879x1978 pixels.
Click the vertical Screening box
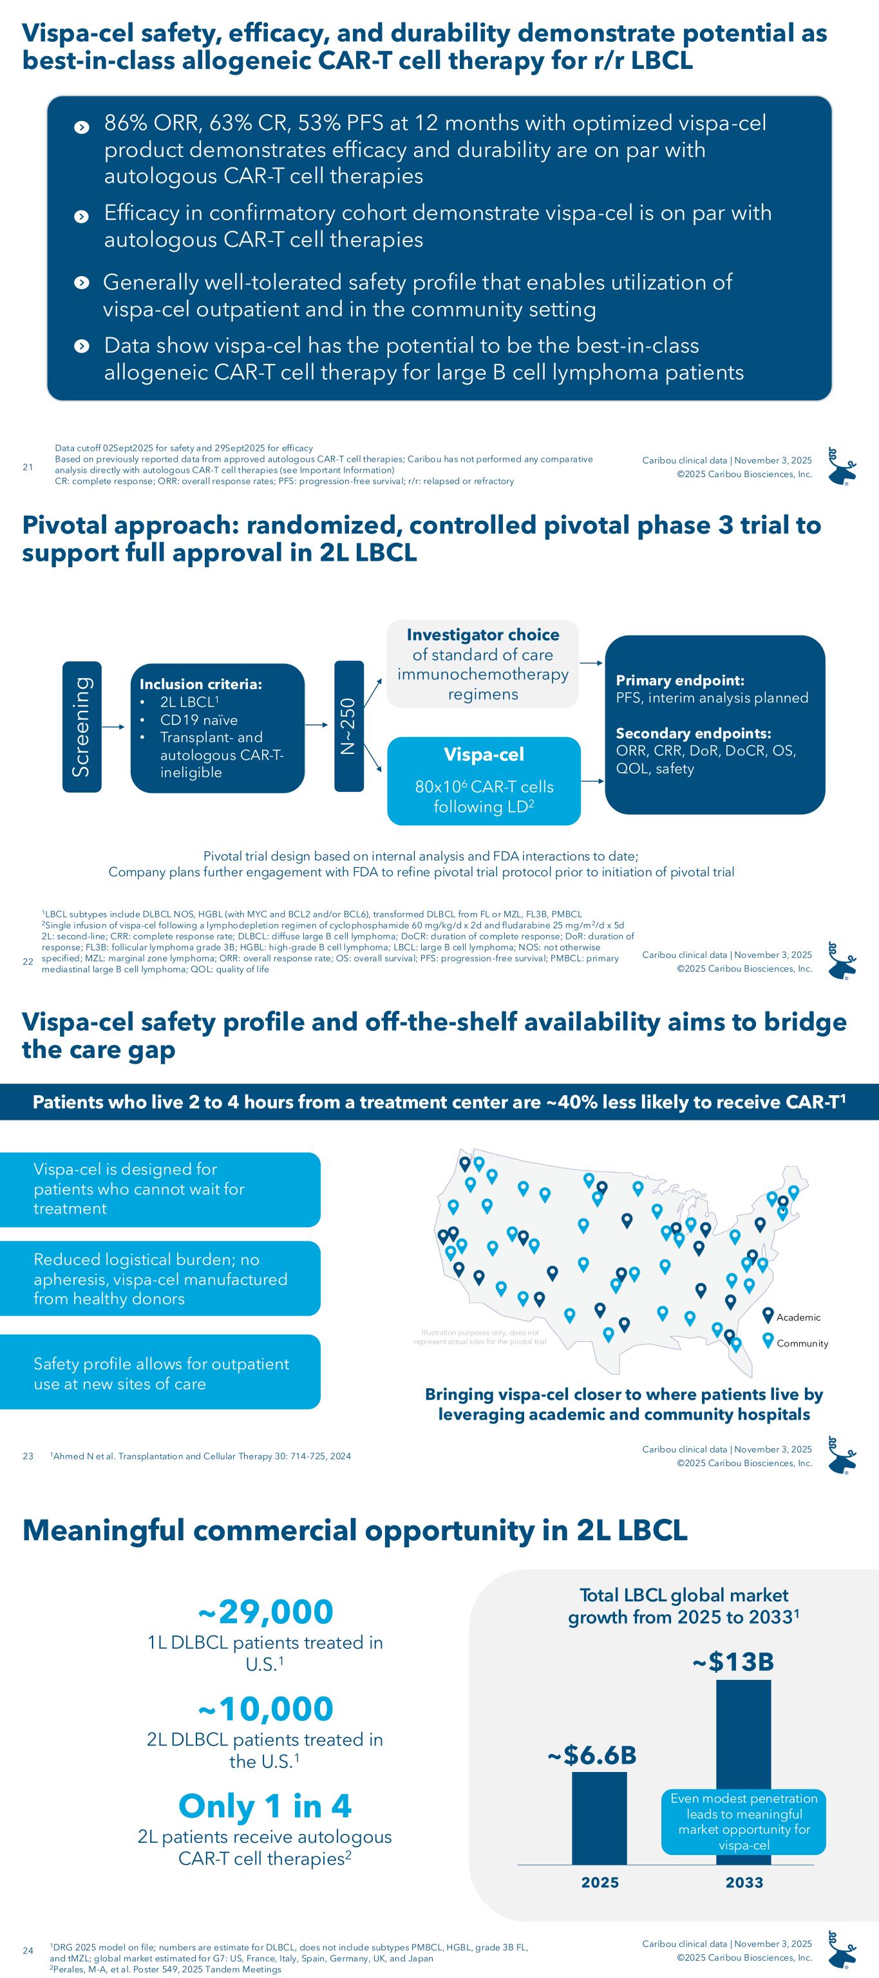click(x=81, y=726)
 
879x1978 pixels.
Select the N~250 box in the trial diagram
click(x=348, y=726)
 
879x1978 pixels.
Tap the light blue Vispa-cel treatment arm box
click(x=484, y=780)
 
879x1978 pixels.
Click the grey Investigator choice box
click(x=482, y=663)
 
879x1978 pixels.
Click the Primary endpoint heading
click(x=679, y=681)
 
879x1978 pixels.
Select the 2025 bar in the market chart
click(x=599, y=1818)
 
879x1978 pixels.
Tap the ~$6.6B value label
click(x=591, y=1755)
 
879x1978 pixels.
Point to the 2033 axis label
click(x=744, y=1882)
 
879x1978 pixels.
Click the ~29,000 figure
click(x=265, y=1611)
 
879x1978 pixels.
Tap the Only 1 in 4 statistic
click(x=265, y=1805)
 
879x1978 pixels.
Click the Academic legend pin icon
click(x=767, y=1315)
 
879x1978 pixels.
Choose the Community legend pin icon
click(x=767, y=1341)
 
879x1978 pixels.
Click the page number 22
click(x=28, y=961)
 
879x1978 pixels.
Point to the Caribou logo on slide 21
click(x=842, y=466)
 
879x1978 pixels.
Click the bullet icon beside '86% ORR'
click(x=81, y=127)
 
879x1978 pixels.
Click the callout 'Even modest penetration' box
click(x=743, y=1822)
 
